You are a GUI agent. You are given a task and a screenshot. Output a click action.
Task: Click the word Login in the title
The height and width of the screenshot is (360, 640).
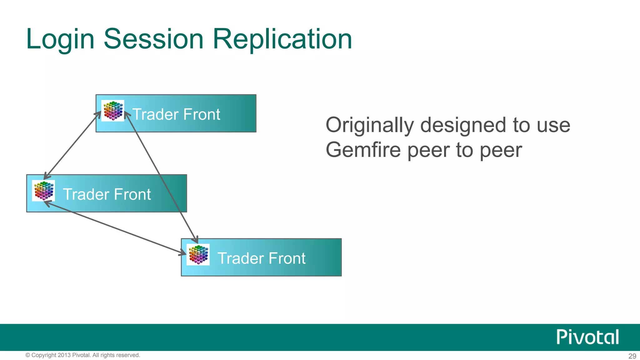click(60, 39)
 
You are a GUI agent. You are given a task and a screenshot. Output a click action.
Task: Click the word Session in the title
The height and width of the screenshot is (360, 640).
click(153, 39)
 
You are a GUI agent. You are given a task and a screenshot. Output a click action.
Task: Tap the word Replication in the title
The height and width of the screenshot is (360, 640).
click(282, 39)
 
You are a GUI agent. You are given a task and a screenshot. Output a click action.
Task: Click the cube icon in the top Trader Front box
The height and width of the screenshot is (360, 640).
click(113, 111)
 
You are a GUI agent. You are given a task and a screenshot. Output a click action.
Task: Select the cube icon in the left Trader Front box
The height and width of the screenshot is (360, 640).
click(43, 191)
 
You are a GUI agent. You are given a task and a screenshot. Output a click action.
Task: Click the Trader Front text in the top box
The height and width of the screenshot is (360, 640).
click(176, 114)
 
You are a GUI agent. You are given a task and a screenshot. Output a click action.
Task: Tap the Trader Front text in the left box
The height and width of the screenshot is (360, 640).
click(107, 194)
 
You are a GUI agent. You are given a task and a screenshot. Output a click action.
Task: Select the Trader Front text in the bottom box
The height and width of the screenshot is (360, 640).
click(261, 258)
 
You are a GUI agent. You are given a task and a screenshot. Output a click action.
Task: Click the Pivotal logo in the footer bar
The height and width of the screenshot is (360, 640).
click(587, 337)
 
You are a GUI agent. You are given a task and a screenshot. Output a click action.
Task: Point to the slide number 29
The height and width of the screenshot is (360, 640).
click(632, 356)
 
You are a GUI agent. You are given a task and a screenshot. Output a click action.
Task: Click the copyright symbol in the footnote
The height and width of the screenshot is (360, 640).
click(28, 355)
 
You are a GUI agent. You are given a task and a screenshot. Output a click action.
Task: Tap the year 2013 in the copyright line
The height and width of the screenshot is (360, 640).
click(64, 355)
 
